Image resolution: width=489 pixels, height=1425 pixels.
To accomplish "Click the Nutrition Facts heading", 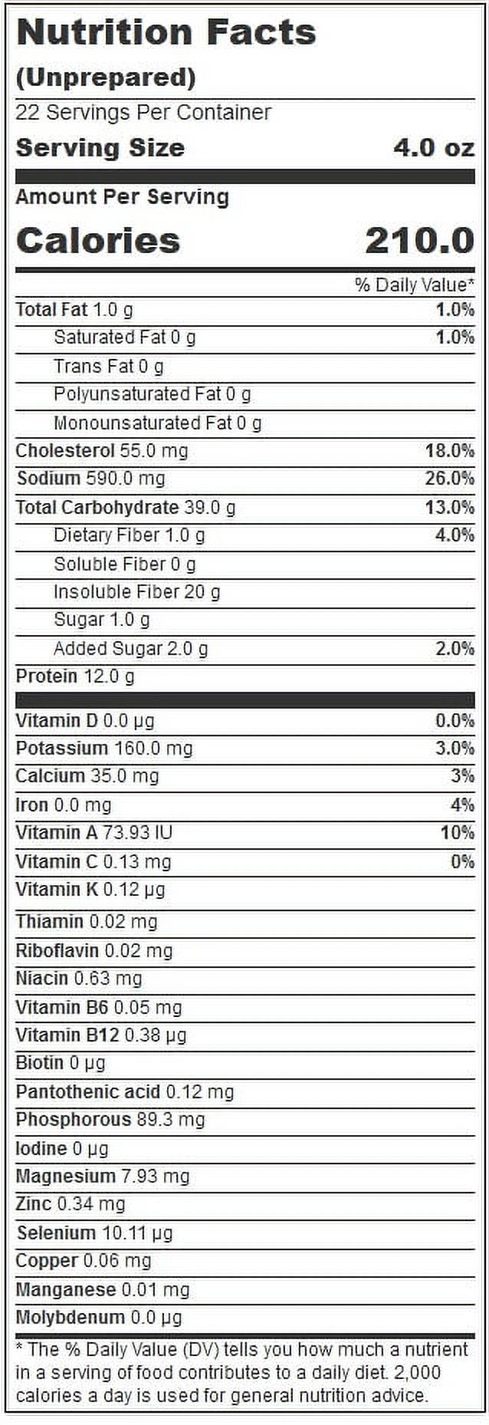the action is pyautogui.click(x=166, y=33).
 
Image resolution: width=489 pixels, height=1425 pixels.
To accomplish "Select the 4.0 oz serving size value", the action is pyautogui.click(x=434, y=147).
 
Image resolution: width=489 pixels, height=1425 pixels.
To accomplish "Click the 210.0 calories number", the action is pyautogui.click(x=420, y=241).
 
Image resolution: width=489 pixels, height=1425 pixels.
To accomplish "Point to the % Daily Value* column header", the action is pyautogui.click(x=415, y=285).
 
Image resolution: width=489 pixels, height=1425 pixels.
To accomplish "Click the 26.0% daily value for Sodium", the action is pyautogui.click(x=450, y=479).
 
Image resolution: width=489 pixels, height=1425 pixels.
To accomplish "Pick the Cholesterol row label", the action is pyautogui.click(x=65, y=450).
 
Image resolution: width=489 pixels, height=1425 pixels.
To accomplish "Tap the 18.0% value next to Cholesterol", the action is pyautogui.click(x=450, y=450).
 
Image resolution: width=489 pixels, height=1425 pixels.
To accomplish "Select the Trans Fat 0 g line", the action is pyautogui.click(x=109, y=367).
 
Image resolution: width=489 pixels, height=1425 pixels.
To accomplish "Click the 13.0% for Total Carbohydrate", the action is pyautogui.click(x=450, y=507).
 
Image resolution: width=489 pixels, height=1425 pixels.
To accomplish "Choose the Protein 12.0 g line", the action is pyautogui.click(x=75, y=676).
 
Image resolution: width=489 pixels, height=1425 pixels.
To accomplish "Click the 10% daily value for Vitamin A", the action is pyautogui.click(x=458, y=832).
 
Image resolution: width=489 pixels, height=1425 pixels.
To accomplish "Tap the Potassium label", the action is pyautogui.click(x=62, y=748).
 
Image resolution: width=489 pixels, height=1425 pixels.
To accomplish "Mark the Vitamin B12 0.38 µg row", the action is pyautogui.click(x=101, y=1035).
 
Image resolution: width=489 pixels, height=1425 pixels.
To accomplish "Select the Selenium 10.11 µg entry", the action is pyautogui.click(x=95, y=1233).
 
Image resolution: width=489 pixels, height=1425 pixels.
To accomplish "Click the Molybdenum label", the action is pyautogui.click(x=70, y=1318).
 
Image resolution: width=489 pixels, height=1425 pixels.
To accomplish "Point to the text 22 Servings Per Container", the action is pyautogui.click(x=143, y=113).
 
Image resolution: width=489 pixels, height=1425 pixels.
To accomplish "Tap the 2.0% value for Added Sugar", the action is pyautogui.click(x=455, y=649).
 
